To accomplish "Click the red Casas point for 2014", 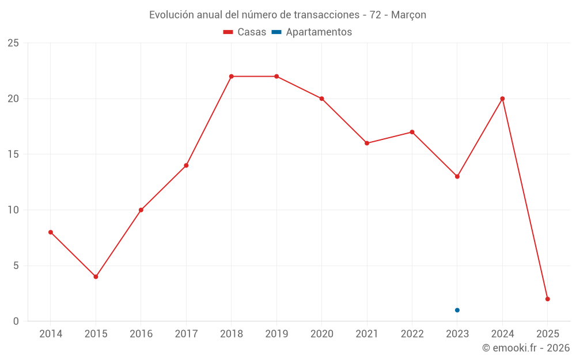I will pos(51,232).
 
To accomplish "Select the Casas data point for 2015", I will pos(96,276).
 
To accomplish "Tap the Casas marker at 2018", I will pos(232,76).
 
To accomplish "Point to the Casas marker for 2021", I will pos(367,143).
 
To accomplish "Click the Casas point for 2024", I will pos(502,98).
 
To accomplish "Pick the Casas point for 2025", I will pos(547,299).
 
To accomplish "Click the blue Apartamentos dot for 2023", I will pos(457,310).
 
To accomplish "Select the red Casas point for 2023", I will pos(457,176).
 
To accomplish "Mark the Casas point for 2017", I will pos(186,165).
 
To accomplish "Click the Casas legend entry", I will pos(245,32).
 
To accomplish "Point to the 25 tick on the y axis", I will pos(13,43).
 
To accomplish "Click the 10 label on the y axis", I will pos(13,210).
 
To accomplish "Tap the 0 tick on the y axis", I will pos(16,321).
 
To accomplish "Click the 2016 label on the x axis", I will pos(141,334).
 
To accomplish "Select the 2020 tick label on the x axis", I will pos(321,334).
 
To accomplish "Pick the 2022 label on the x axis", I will pos(412,334).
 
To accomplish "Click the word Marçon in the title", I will pos(408,15).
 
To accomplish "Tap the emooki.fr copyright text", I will pos(525,348).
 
